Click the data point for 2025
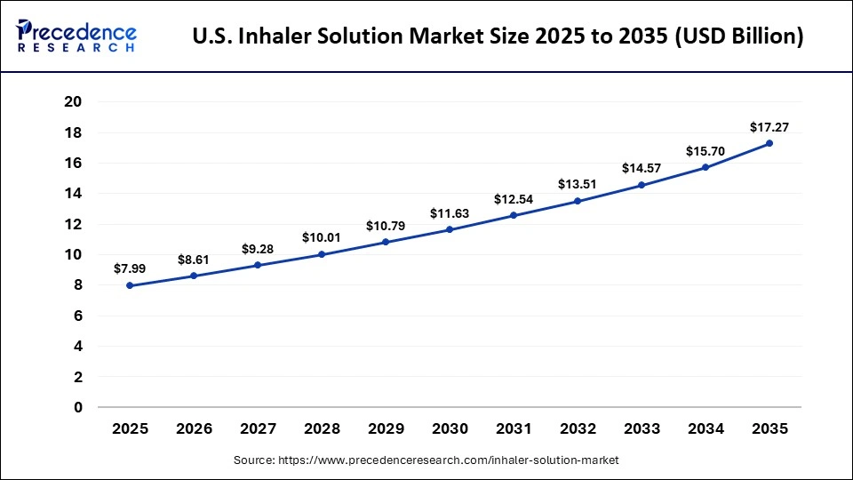(130, 285)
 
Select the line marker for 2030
(450, 229)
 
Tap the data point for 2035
(769, 143)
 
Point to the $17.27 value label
(769, 127)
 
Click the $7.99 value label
(130, 268)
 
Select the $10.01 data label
(322, 237)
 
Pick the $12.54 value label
(514, 198)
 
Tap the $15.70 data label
(706, 151)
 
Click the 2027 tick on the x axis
(258, 428)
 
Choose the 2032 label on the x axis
(578, 428)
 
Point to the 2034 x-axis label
(706, 428)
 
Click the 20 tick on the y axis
(73, 102)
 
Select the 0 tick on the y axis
(77, 407)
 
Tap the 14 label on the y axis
(73, 194)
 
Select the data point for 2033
(642, 185)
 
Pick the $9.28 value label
(258, 249)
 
